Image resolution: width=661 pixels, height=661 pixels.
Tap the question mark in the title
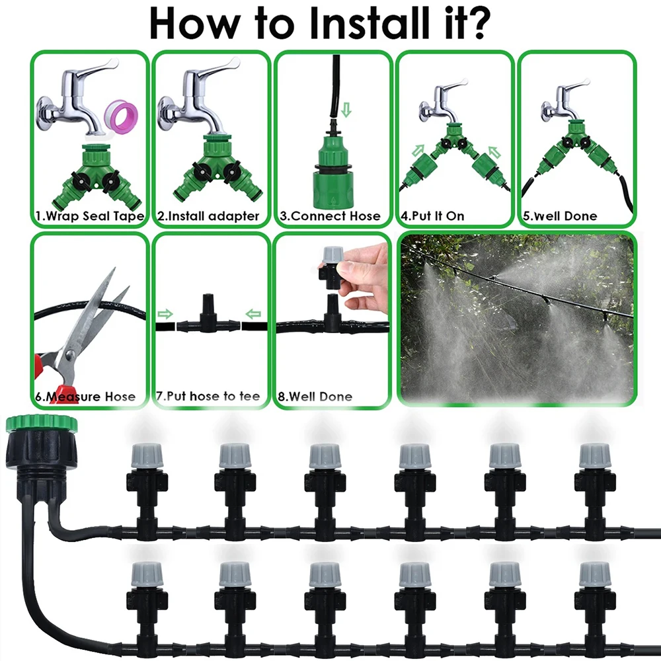(480, 24)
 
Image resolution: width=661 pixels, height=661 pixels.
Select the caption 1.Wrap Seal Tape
(89, 216)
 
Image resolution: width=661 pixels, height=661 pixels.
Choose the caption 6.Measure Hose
(86, 397)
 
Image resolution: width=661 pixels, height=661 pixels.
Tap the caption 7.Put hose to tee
(208, 397)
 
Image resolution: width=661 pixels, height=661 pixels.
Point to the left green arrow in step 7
(165, 313)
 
